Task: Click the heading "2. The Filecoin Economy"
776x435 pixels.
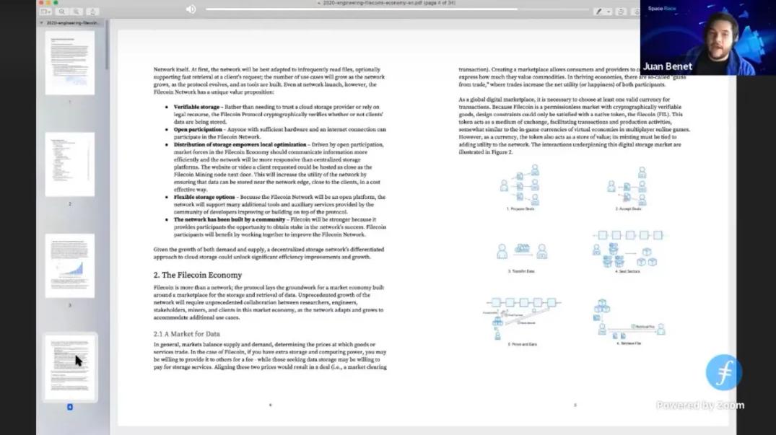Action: pyautogui.click(x=197, y=275)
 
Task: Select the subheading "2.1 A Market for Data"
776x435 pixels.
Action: pyautogui.click(x=186, y=334)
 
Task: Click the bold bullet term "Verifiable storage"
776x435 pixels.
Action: pyautogui.click(x=196, y=107)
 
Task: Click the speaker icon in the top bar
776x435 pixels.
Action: pyautogui.click(x=191, y=9)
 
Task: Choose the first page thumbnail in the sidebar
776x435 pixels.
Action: pyautogui.click(x=70, y=63)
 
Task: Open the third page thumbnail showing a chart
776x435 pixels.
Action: pyautogui.click(x=70, y=265)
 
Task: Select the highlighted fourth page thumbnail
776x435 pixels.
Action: pyautogui.click(x=70, y=367)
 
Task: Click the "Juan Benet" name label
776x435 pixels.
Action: pyautogui.click(x=667, y=66)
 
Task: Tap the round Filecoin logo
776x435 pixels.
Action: pyautogui.click(x=723, y=372)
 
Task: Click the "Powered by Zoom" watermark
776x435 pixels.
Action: pyautogui.click(x=699, y=405)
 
